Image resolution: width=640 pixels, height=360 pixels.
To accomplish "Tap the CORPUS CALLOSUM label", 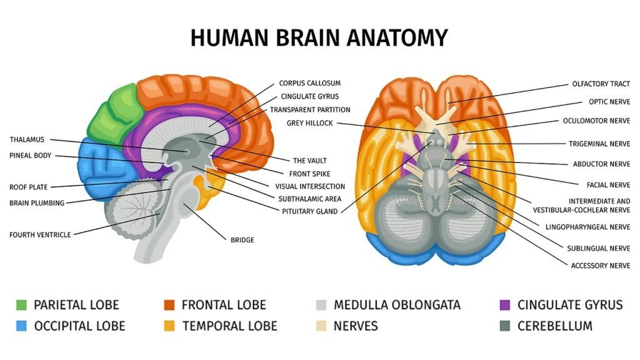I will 309,83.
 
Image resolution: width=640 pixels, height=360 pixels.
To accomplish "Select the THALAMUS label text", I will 27,139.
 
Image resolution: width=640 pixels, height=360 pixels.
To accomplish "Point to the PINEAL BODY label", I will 31,156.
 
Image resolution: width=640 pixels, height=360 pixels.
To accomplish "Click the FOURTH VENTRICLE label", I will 40,235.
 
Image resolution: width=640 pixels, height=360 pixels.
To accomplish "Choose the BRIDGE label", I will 242,239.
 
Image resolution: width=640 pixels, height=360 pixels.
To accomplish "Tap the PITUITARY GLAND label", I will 309,211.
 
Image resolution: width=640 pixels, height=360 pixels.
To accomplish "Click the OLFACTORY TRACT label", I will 601,84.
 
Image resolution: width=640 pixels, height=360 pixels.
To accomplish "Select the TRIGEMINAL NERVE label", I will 599,144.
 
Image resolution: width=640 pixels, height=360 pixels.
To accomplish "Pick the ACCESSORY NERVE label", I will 600,266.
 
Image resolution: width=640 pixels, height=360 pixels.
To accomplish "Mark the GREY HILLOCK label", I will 310,123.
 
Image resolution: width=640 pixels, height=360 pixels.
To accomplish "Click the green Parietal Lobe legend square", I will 22,305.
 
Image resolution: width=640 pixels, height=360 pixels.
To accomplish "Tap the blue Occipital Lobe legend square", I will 22,326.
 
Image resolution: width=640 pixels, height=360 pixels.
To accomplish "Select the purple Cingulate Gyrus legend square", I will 506,305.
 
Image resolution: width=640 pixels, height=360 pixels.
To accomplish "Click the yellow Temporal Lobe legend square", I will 169,326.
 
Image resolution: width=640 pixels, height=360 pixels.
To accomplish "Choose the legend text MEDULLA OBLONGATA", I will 397,305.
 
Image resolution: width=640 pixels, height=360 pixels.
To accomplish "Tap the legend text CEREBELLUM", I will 554,326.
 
